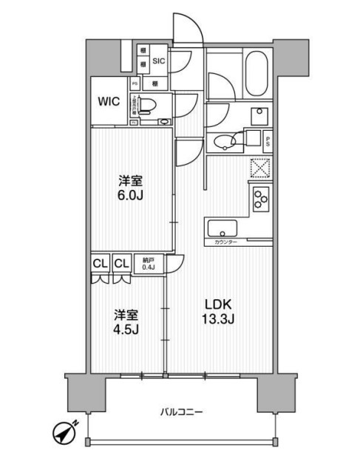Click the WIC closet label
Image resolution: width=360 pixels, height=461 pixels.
[109, 101]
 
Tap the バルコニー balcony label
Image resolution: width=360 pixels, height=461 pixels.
[180, 412]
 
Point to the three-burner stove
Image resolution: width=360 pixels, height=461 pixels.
[261, 197]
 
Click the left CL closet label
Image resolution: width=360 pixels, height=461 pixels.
[100, 262]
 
